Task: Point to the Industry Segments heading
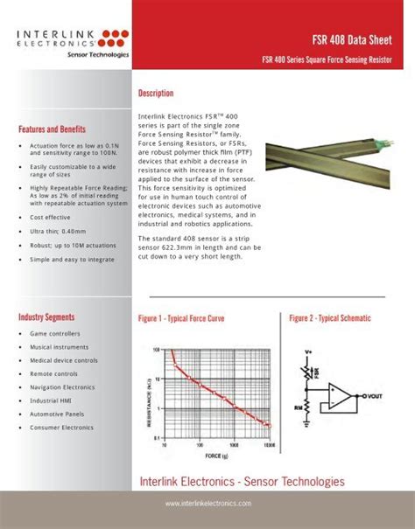[x=46, y=317]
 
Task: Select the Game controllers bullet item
[x=55, y=334]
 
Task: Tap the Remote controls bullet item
[x=55, y=373]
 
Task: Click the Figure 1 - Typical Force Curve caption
[x=181, y=319]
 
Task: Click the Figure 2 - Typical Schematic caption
[x=330, y=319]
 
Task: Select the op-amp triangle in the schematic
[x=343, y=397]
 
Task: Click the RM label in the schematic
[x=299, y=405]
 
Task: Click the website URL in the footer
[x=207, y=504]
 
